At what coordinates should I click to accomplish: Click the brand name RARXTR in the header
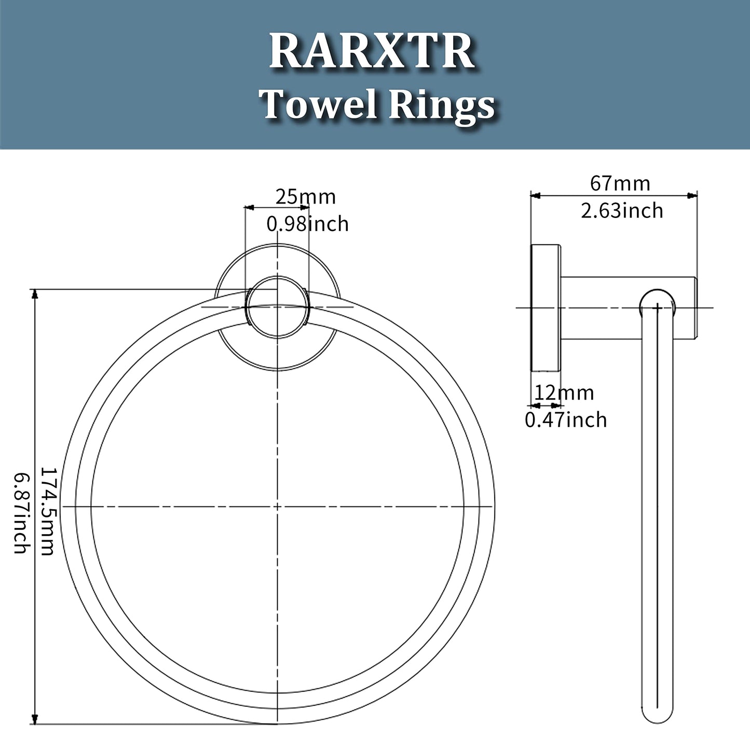pos(372,52)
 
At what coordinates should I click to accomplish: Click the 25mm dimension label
pos(305,197)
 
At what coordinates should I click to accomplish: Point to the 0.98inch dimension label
pos(307,224)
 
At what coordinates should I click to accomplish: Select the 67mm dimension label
pos(620,183)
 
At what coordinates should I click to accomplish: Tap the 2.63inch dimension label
pos(622,210)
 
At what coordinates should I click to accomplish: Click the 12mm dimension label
pos(564,392)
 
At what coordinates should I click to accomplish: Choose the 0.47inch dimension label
pos(566,419)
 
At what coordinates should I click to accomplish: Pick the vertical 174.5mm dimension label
pos(47,511)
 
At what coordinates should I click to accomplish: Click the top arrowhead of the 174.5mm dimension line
pos(35,294)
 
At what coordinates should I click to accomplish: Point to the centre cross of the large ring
pos(278,506)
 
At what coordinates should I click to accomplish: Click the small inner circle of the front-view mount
pos(278,307)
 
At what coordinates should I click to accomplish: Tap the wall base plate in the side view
pos(545,308)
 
